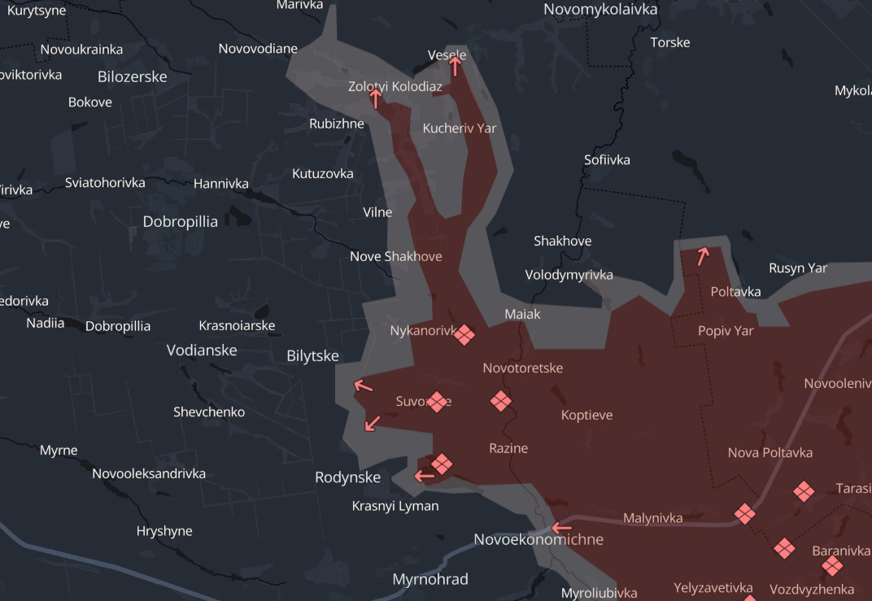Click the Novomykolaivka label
click(600, 10)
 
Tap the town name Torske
click(670, 42)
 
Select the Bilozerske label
click(132, 77)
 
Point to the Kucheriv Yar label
click(460, 128)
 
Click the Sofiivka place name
click(607, 160)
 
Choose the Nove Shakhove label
click(396, 257)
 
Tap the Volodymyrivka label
click(569, 275)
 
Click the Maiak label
click(522, 314)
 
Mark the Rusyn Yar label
click(798, 268)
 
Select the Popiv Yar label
click(726, 332)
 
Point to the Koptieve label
click(586, 416)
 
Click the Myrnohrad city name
click(430, 580)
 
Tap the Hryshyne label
click(164, 532)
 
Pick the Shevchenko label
click(209, 412)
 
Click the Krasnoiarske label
click(237, 326)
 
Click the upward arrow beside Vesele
click(456, 65)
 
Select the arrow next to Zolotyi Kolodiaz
click(376, 98)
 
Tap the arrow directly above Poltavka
click(703, 256)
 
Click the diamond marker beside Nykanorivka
click(464, 334)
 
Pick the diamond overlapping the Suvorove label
click(438, 402)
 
